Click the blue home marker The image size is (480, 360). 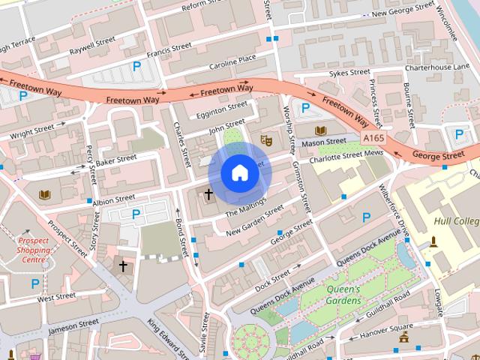coord(240,173)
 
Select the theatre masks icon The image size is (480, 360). coord(265,139)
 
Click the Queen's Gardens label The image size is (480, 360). coord(343,295)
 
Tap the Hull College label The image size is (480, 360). coord(456,221)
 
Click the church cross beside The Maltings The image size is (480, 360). coord(208,194)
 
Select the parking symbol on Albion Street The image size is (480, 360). coord(136,214)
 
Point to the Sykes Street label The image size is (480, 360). coord(349,73)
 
